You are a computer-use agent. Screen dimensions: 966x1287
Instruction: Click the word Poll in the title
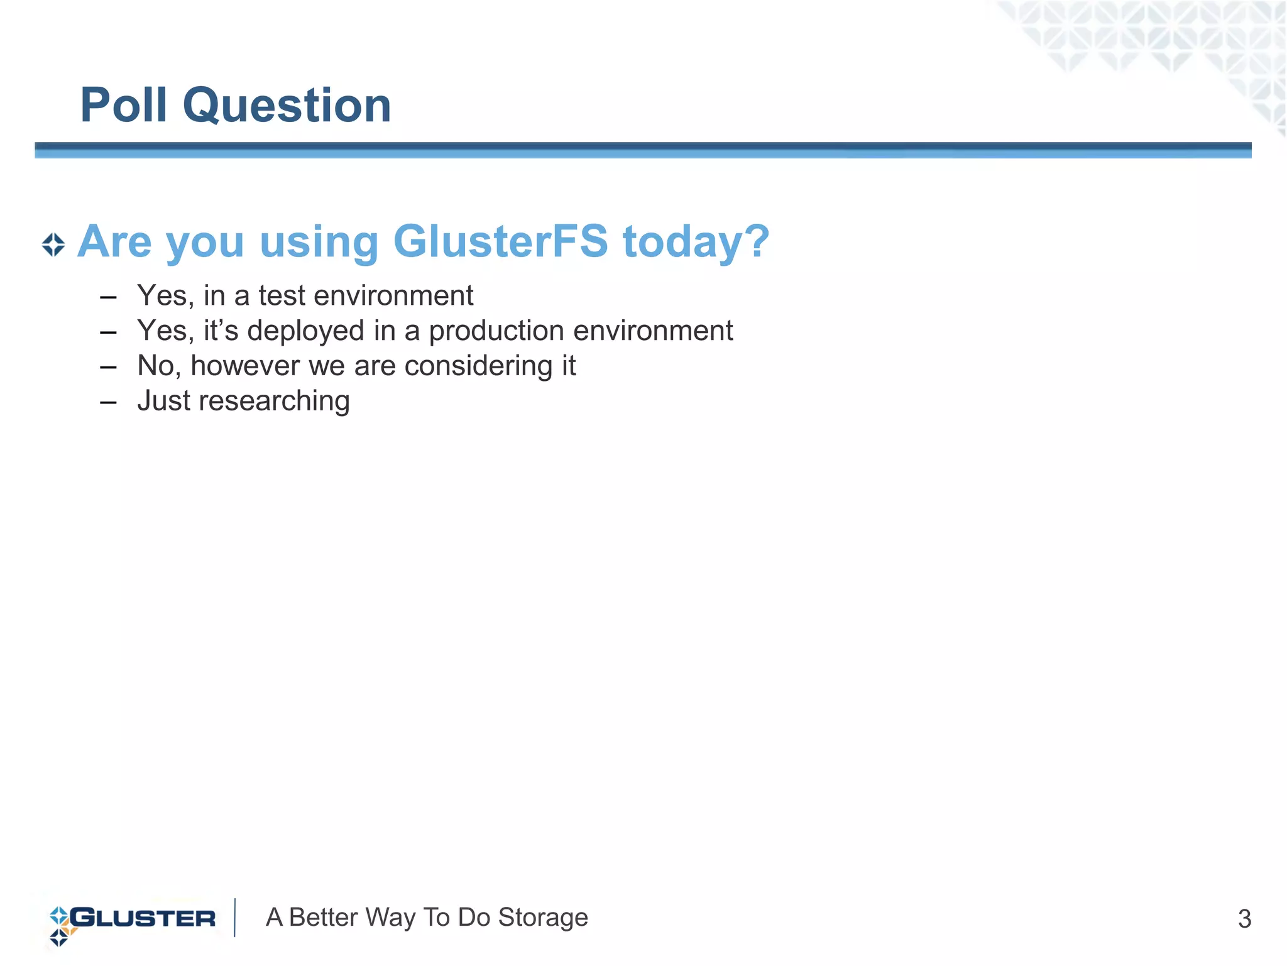(124, 105)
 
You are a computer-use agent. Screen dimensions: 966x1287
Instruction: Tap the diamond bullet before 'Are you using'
(53, 245)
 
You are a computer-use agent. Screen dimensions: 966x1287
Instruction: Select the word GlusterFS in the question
(500, 241)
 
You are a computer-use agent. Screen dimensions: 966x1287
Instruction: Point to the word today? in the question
(696, 243)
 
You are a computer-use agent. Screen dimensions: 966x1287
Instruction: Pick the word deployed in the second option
(305, 332)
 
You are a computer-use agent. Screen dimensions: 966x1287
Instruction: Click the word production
(496, 332)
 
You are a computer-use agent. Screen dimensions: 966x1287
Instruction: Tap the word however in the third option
(244, 366)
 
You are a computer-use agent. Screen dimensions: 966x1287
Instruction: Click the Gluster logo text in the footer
(143, 918)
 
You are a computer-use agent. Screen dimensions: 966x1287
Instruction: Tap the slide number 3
(1244, 919)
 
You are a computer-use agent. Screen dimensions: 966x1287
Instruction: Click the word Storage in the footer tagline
(543, 918)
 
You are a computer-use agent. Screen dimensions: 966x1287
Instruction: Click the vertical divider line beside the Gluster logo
(235, 918)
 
